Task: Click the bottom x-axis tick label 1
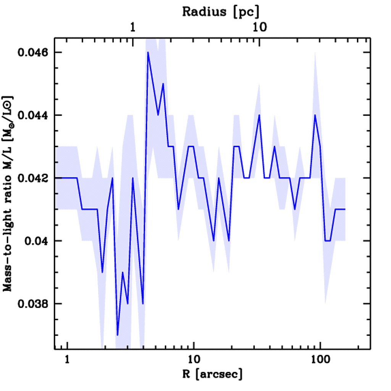point(68,360)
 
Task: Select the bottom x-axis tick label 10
point(194,360)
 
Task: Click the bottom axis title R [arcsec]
point(212,374)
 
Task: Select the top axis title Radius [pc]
point(221,11)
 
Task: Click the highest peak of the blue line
point(148,52)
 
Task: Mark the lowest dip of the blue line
point(118,335)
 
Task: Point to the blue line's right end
point(345,209)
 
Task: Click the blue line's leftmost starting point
point(55,178)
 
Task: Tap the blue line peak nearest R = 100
point(315,115)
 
